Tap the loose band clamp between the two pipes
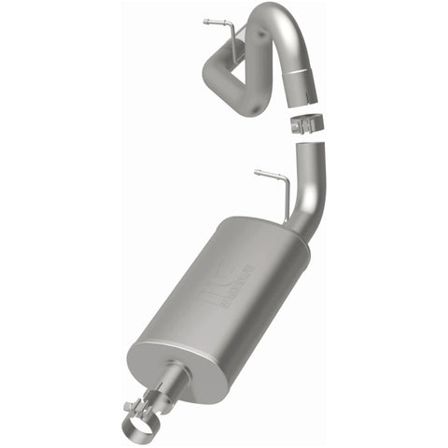coord(306,121)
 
